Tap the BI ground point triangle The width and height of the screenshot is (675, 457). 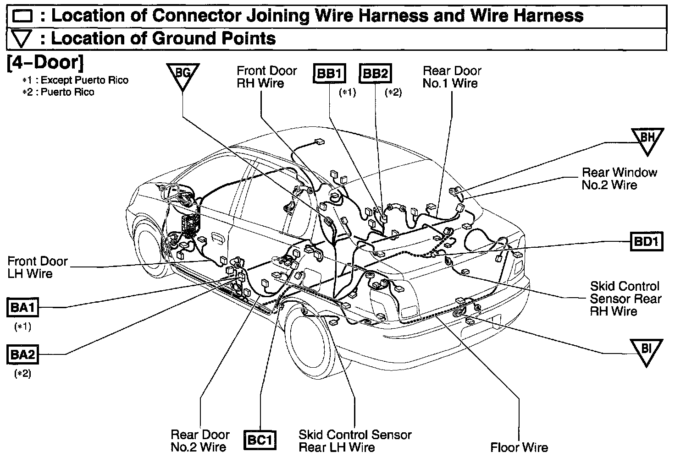[646, 350]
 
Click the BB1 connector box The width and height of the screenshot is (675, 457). [329, 74]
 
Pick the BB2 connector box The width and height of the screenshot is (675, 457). [376, 74]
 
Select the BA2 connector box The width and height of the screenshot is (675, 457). [22, 355]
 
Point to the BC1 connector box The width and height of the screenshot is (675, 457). [260, 441]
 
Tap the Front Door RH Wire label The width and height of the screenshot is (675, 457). [266, 77]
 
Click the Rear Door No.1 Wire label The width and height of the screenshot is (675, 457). [452, 77]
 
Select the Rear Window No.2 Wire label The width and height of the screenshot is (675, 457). [619, 179]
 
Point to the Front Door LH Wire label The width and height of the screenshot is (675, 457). [38, 267]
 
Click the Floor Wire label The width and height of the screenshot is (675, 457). [519, 447]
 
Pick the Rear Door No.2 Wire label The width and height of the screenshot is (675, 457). [200, 441]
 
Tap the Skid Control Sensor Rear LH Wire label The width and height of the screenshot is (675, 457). [355, 441]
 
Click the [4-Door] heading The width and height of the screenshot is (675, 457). [45, 63]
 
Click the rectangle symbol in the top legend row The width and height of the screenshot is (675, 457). [22, 16]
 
